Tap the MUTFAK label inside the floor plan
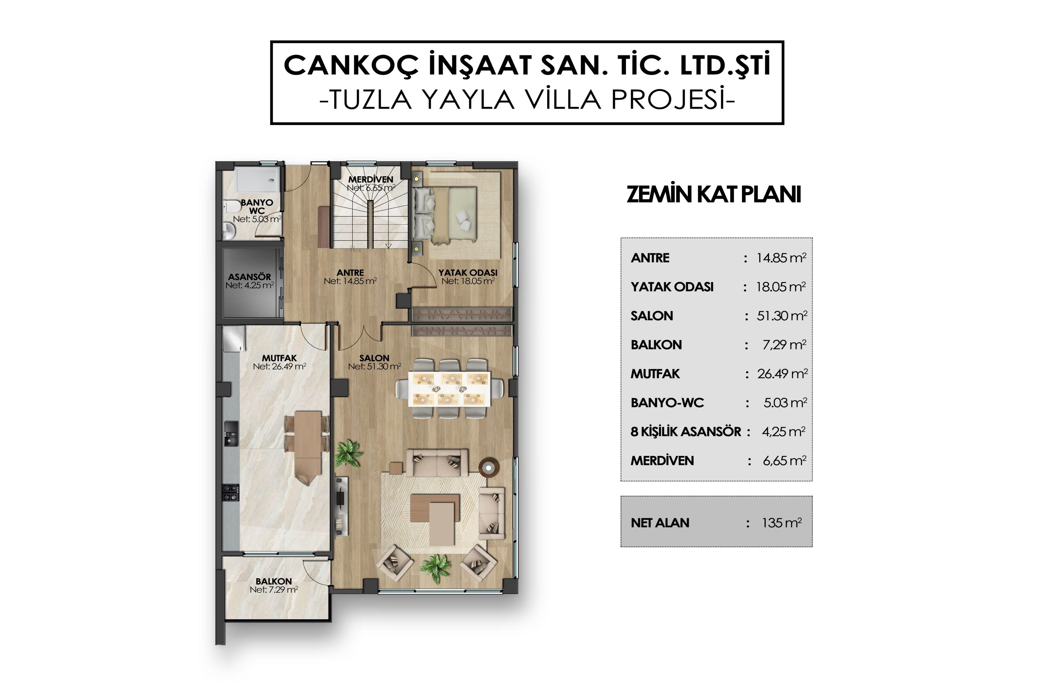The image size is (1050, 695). (279, 358)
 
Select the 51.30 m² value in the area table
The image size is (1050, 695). (782, 316)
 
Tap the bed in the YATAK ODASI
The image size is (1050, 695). (445, 215)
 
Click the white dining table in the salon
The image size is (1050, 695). (450, 389)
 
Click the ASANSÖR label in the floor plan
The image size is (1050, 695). (249, 277)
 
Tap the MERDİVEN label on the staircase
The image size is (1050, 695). (370, 180)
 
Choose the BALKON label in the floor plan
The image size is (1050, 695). (274, 581)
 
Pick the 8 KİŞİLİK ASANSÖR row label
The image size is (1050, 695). (685, 432)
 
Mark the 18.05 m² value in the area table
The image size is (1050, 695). (781, 287)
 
